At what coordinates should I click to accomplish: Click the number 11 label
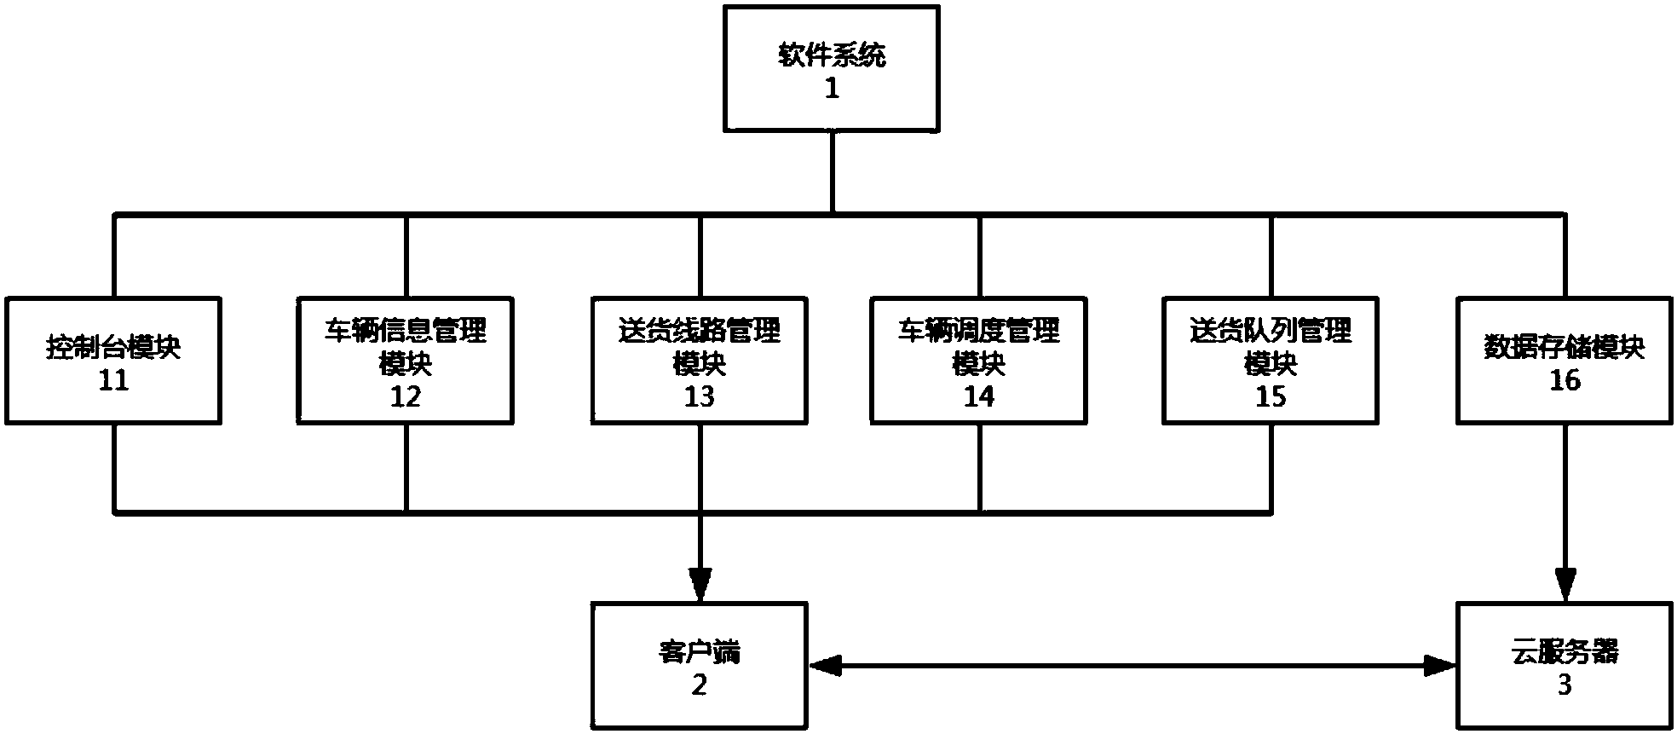click(113, 380)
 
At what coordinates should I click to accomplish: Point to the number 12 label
click(406, 396)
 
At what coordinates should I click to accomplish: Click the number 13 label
click(700, 396)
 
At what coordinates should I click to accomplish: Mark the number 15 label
click(1271, 396)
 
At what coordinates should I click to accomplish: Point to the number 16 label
click(1565, 380)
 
